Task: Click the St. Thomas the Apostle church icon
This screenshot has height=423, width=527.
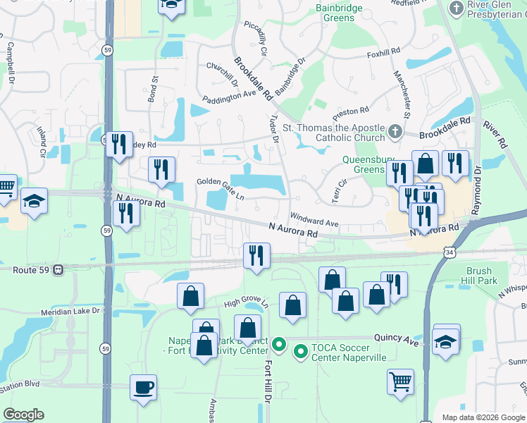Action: coord(395,131)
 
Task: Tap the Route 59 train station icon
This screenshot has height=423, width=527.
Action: coord(59,269)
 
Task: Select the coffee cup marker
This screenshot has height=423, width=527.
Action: coord(144,387)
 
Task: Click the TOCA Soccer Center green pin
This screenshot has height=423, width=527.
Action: coord(300,350)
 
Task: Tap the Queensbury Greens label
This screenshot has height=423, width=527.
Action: coord(364,164)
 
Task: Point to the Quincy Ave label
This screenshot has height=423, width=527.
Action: coord(397,340)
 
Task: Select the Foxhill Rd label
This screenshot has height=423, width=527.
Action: coord(383,52)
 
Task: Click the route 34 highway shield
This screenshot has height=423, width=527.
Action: coord(449,252)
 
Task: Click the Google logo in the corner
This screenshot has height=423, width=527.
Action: coord(23,414)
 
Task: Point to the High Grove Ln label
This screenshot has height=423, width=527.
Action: coord(247,302)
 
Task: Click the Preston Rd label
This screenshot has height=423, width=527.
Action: coord(351,111)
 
